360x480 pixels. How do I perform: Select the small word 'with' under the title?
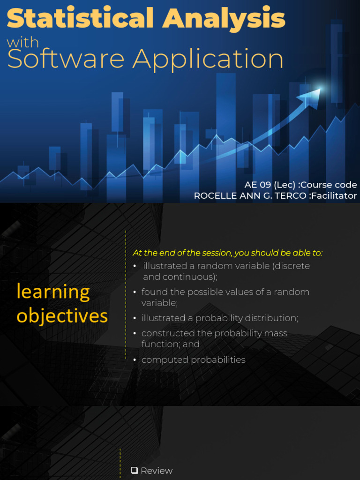coord(23,43)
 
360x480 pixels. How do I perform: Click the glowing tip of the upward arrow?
coord(319,90)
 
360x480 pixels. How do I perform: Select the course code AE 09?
coord(257,185)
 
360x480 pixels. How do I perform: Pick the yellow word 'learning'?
coord(53,292)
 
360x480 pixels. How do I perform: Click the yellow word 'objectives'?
coord(62,316)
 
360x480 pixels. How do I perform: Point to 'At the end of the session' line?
coord(228,253)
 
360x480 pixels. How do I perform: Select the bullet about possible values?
coord(225,297)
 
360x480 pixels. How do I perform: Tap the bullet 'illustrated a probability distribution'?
coord(219,318)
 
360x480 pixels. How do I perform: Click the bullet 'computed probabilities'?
coord(193,360)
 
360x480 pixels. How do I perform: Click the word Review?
coord(157,471)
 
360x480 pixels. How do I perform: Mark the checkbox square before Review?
coord(135,470)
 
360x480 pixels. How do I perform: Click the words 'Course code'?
coord(329,185)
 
